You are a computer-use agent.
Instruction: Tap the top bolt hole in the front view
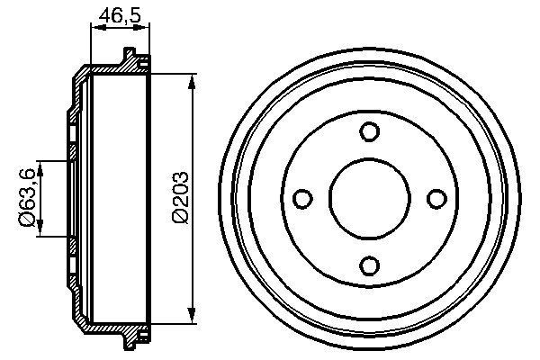pos(369,131)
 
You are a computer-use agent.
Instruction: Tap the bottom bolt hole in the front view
pos(369,264)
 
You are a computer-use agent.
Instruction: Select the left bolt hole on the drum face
pos(302,198)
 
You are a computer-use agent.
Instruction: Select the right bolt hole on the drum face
pos(436,198)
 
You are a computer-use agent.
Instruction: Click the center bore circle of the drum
pos(369,198)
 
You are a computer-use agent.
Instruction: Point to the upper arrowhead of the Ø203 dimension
pos(192,84)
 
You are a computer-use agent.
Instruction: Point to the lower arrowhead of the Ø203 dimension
pos(192,312)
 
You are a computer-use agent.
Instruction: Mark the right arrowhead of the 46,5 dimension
pos(143,27)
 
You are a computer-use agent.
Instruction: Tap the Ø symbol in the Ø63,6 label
pos(27,219)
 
